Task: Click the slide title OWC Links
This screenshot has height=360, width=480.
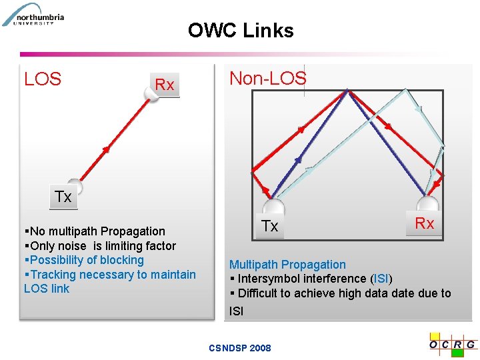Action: pyautogui.click(x=241, y=31)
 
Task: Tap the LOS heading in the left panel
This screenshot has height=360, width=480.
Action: pyautogui.click(x=43, y=79)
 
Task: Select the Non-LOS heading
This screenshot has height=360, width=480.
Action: pyautogui.click(x=268, y=78)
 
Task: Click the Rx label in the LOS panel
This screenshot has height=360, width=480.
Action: pyautogui.click(x=164, y=85)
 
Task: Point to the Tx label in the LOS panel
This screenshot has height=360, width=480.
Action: pyautogui.click(x=63, y=197)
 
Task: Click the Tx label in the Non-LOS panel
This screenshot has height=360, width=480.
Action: pyautogui.click(x=270, y=226)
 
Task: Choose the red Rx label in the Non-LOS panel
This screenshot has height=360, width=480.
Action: pyautogui.click(x=425, y=223)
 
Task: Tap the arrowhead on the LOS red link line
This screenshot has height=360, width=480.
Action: pyautogui.click(x=105, y=149)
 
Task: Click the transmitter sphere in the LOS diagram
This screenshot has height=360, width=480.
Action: pyautogui.click(x=75, y=186)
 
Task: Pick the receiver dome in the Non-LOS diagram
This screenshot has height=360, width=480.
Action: pyautogui.click(x=427, y=203)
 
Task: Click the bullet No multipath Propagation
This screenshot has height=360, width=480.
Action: pyautogui.click(x=97, y=231)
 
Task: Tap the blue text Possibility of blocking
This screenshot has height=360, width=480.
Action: pyautogui.click(x=87, y=260)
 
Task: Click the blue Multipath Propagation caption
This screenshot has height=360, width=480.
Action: pyautogui.click(x=287, y=265)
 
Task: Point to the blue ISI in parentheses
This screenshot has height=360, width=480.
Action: pyautogui.click(x=381, y=279)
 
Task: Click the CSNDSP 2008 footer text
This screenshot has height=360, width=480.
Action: pyautogui.click(x=240, y=348)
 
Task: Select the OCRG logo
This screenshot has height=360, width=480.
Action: pyautogui.click(x=453, y=343)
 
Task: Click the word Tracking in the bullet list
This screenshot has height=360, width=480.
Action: pyautogui.click(x=54, y=275)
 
